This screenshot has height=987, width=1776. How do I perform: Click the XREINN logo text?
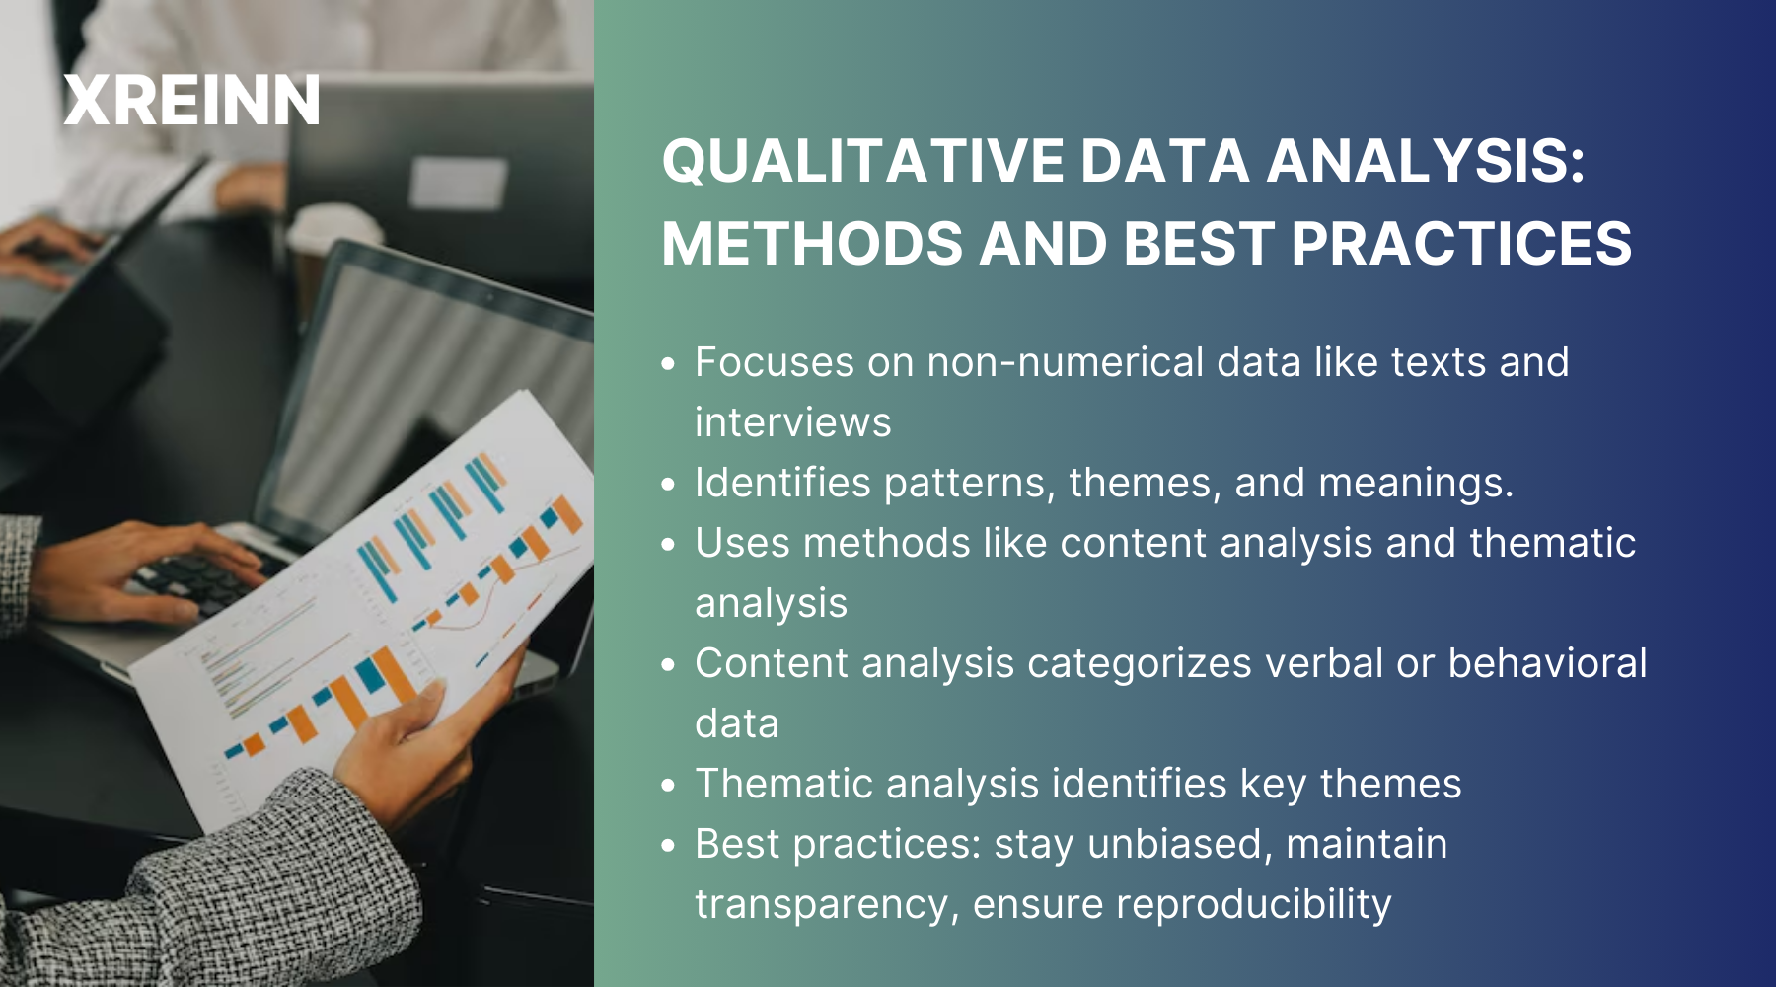[x=191, y=101]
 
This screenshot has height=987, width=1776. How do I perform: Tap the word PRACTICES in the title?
[x=1461, y=244]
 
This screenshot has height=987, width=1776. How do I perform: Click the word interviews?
[x=792, y=422]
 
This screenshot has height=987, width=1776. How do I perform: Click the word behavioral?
[x=1547, y=663]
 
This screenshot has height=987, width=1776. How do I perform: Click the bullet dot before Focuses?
[x=669, y=364]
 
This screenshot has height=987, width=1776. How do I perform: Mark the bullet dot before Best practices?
[x=669, y=846]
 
